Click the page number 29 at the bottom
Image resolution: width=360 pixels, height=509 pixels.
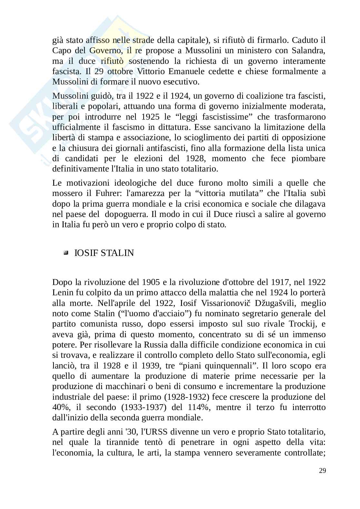(x=322, y=470)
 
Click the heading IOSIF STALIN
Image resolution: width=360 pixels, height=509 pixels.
(x=104, y=253)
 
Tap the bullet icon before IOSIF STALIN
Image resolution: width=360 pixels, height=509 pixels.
(x=66, y=253)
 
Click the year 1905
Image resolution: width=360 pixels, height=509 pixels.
(x=151, y=282)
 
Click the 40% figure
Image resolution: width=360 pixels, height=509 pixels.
(x=60, y=407)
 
